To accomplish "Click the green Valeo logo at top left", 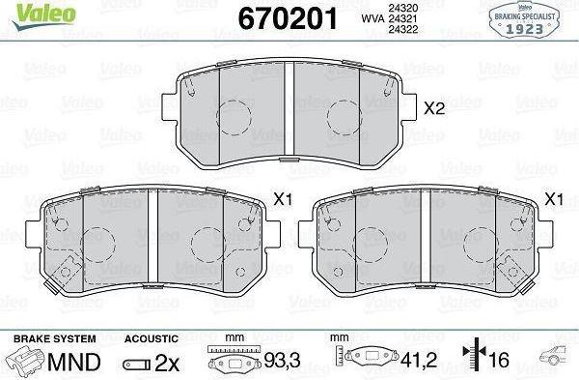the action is tap(43, 15).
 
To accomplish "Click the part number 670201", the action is tap(288, 18).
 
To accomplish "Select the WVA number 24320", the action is tap(402, 8).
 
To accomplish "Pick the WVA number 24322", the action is tap(402, 30).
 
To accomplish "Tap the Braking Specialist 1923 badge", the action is tap(524, 19).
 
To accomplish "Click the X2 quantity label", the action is tap(434, 108).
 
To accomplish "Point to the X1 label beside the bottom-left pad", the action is tap(283, 199).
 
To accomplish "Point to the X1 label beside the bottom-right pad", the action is tap(554, 199).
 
